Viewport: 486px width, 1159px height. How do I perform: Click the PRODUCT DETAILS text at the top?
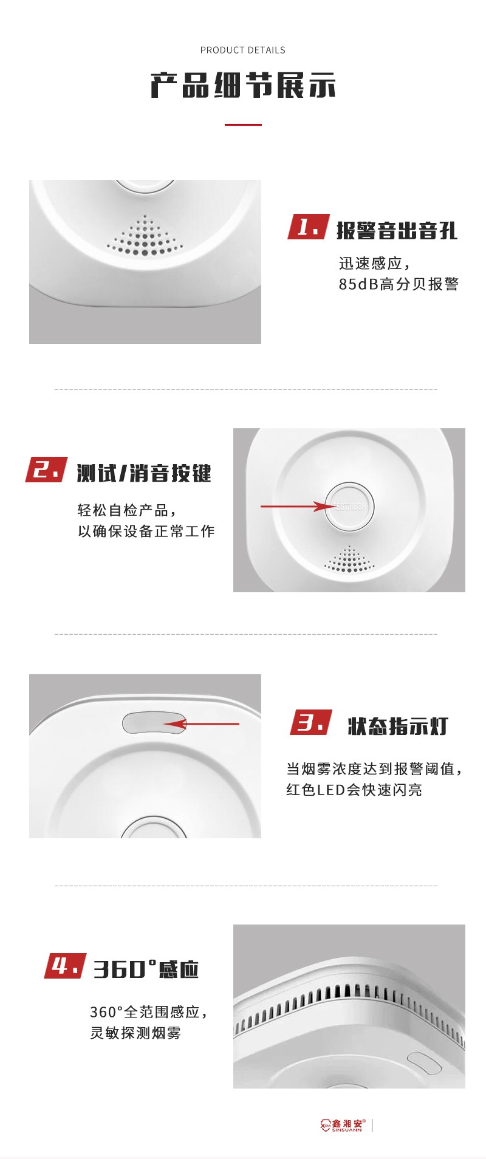tap(243, 50)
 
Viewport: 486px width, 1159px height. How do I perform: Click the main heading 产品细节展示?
tap(243, 86)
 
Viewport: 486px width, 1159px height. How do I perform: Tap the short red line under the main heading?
tap(243, 125)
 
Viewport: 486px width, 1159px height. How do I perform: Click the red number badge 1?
tap(309, 227)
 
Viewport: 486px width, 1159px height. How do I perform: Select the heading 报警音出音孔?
tap(397, 231)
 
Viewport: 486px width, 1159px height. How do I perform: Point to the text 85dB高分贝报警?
tap(399, 284)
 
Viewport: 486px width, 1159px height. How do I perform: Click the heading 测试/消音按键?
tap(144, 473)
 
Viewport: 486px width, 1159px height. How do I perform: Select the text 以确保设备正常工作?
tap(146, 532)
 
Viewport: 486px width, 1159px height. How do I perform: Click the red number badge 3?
tap(311, 722)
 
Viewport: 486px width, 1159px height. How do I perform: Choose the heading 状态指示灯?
tap(398, 726)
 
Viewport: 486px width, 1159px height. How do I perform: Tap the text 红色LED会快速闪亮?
tap(354, 790)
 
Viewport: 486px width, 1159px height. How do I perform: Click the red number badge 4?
tap(65, 966)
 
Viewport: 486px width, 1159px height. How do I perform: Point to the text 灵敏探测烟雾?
tap(135, 1033)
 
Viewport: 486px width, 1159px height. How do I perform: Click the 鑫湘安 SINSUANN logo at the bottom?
tap(341, 1126)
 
